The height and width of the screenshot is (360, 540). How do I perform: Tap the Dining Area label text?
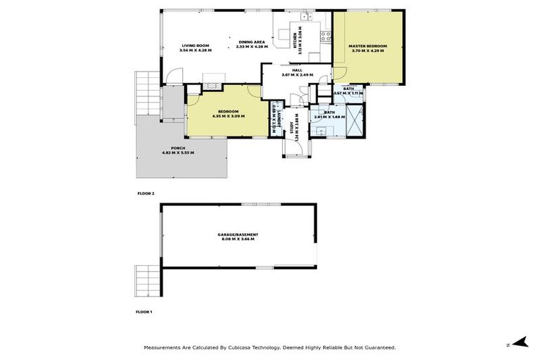point(252,44)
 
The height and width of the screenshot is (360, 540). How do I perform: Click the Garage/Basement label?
point(238,237)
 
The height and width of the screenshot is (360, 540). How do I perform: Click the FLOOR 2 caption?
point(145,192)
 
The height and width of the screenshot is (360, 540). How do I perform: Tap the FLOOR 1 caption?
point(145,310)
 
